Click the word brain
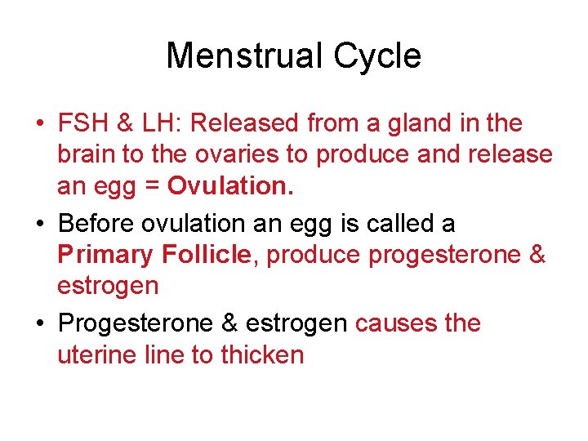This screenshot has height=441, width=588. [84, 154]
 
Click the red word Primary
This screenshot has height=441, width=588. [105, 255]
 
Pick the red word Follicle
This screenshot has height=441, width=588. [206, 254]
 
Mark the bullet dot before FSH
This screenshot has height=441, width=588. [39, 125]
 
